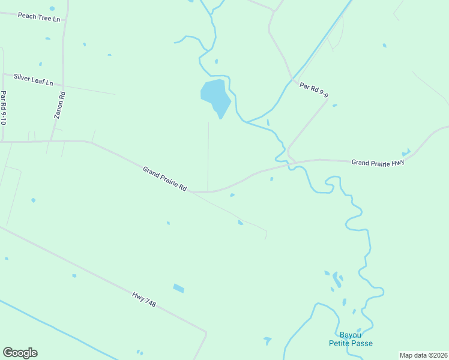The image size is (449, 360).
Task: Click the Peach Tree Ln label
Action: [x=39, y=17]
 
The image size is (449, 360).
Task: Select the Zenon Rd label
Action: [x=60, y=104]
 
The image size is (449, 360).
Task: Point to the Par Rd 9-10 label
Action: [x=4, y=108]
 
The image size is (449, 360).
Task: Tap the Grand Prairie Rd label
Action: [x=164, y=179]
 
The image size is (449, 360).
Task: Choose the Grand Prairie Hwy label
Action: [x=378, y=162]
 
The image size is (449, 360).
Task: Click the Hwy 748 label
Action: [x=144, y=299]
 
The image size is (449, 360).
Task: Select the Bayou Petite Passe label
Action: [x=351, y=339]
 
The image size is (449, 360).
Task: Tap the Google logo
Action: [x=20, y=353]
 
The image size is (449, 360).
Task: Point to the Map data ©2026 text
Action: [x=423, y=355]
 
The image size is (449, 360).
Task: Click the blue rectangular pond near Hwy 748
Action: [x=178, y=289]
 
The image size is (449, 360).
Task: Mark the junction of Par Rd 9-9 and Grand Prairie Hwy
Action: [x=290, y=159]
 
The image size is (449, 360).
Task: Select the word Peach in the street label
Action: [x=27, y=16]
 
